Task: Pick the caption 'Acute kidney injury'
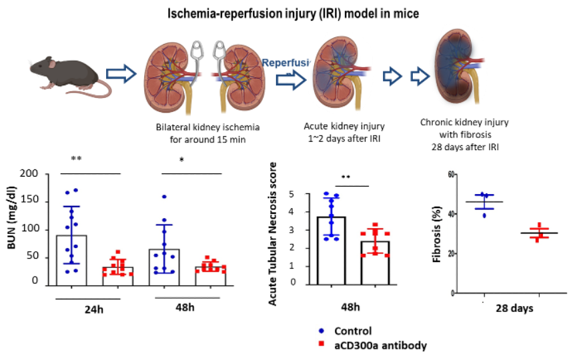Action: (344, 126)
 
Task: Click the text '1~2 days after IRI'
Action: (344, 139)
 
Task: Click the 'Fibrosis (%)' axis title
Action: (438, 234)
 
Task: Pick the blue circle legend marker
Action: (322, 331)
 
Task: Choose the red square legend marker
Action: (322, 344)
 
